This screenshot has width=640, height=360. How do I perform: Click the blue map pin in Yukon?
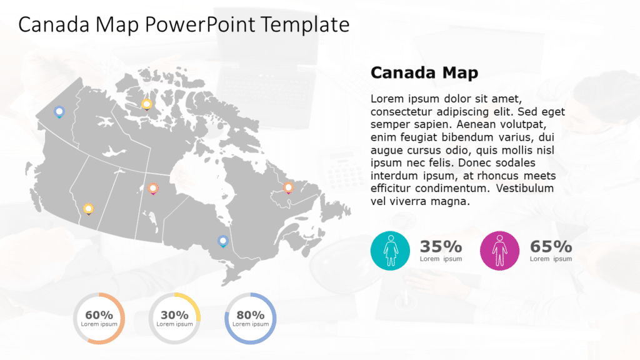(x=59, y=112)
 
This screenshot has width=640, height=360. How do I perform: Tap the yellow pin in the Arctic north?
(x=146, y=104)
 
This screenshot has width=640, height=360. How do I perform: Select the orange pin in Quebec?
(x=288, y=187)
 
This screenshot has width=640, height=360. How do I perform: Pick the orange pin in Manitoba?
(x=153, y=187)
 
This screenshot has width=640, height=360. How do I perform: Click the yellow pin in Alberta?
(x=88, y=208)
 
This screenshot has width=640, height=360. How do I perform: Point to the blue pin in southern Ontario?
(x=222, y=241)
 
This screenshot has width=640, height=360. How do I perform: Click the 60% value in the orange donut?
(x=99, y=315)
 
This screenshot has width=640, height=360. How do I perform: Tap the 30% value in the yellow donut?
(x=174, y=315)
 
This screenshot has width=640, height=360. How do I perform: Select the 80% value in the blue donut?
(x=250, y=315)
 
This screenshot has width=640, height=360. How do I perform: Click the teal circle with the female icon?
(x=391, y=250)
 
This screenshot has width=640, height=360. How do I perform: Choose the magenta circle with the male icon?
(x=499, y=250)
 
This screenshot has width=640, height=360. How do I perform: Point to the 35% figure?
(x=441, y=246)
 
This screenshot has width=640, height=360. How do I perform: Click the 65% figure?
(x=551, y=246)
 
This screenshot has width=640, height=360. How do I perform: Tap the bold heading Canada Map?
(x=424, y=72)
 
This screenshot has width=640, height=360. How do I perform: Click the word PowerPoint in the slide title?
(x=201, y=24)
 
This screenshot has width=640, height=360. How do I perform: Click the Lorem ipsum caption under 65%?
(x=551, y=259)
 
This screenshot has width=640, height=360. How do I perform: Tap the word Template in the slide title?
(x=305, y=24)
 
